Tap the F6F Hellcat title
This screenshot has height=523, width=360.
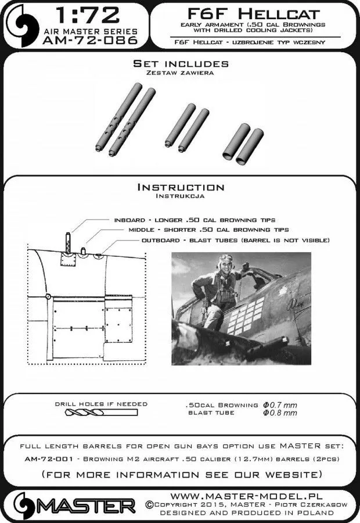point(250,12)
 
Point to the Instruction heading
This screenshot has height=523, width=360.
point(180,187)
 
